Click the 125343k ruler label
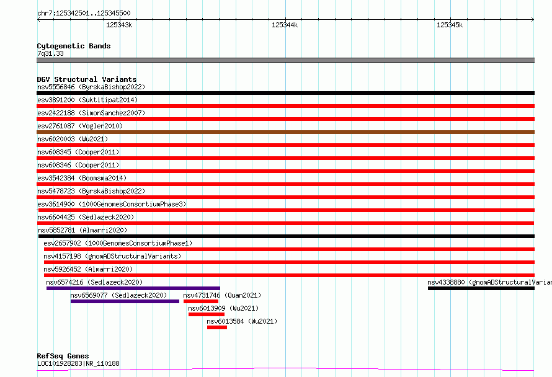[x=119, y=25]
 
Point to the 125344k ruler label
[x=285, y=25]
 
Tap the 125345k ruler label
[x=450, y=25]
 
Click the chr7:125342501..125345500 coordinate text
[x=84, y=13]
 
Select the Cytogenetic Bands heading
[x=74, y=46]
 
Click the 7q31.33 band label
[x=50, y=53]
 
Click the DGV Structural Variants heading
[x=87, y=79]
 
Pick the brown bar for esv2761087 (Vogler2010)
[x=285, y=132]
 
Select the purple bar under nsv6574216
[x=133, y=288]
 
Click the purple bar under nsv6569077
[x=125, y=301]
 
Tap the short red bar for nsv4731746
[x=201, y=301]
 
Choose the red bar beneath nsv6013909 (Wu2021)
[x=207, y=314]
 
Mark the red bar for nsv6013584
[x=217, y=327]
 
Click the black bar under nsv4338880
[x=481, y=288]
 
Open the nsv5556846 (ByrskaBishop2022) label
[x=91, y=87]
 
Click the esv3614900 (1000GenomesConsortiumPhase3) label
[x=112, y=204]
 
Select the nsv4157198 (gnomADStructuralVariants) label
[x=112, y=256]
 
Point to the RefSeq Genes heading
[x=63, y=356]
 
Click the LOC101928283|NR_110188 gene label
[x=78, y=363]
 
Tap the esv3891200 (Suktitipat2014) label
[x=87, y=100]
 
